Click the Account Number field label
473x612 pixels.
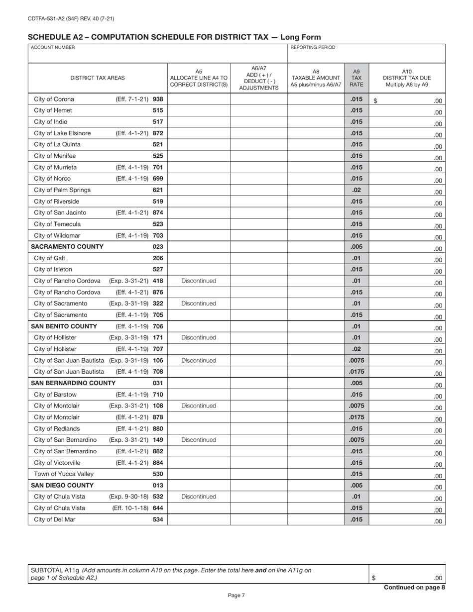point(53,48)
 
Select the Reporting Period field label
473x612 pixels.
point(313,48)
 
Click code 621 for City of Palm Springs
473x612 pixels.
point(158,190)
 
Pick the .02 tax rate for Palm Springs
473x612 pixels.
point(356,190)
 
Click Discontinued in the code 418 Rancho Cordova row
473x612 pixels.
point(199,281)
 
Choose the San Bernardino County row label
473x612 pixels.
point(73,383)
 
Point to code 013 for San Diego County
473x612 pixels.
point(158,486)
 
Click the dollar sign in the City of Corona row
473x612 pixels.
point(375,101)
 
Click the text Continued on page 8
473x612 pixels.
point(414,588)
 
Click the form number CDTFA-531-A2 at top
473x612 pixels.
point(71,19)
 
